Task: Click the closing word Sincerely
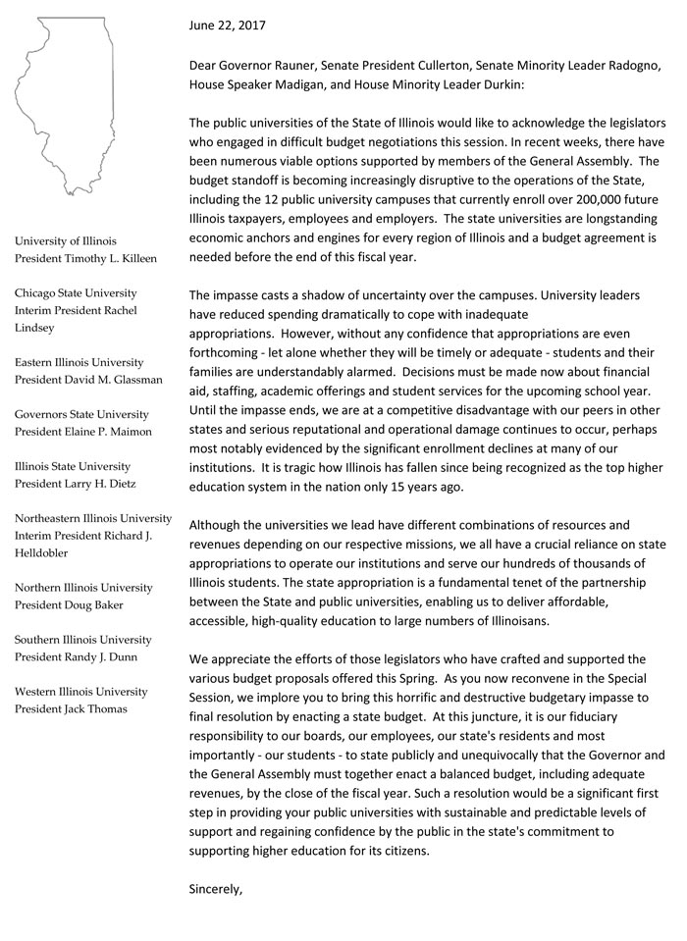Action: point(215,889)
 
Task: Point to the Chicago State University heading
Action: point(76,292)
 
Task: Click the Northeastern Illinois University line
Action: point(93,518)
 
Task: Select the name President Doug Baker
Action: point(70,605)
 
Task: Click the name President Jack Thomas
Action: point(71,709)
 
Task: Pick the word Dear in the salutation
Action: point(205,66)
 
